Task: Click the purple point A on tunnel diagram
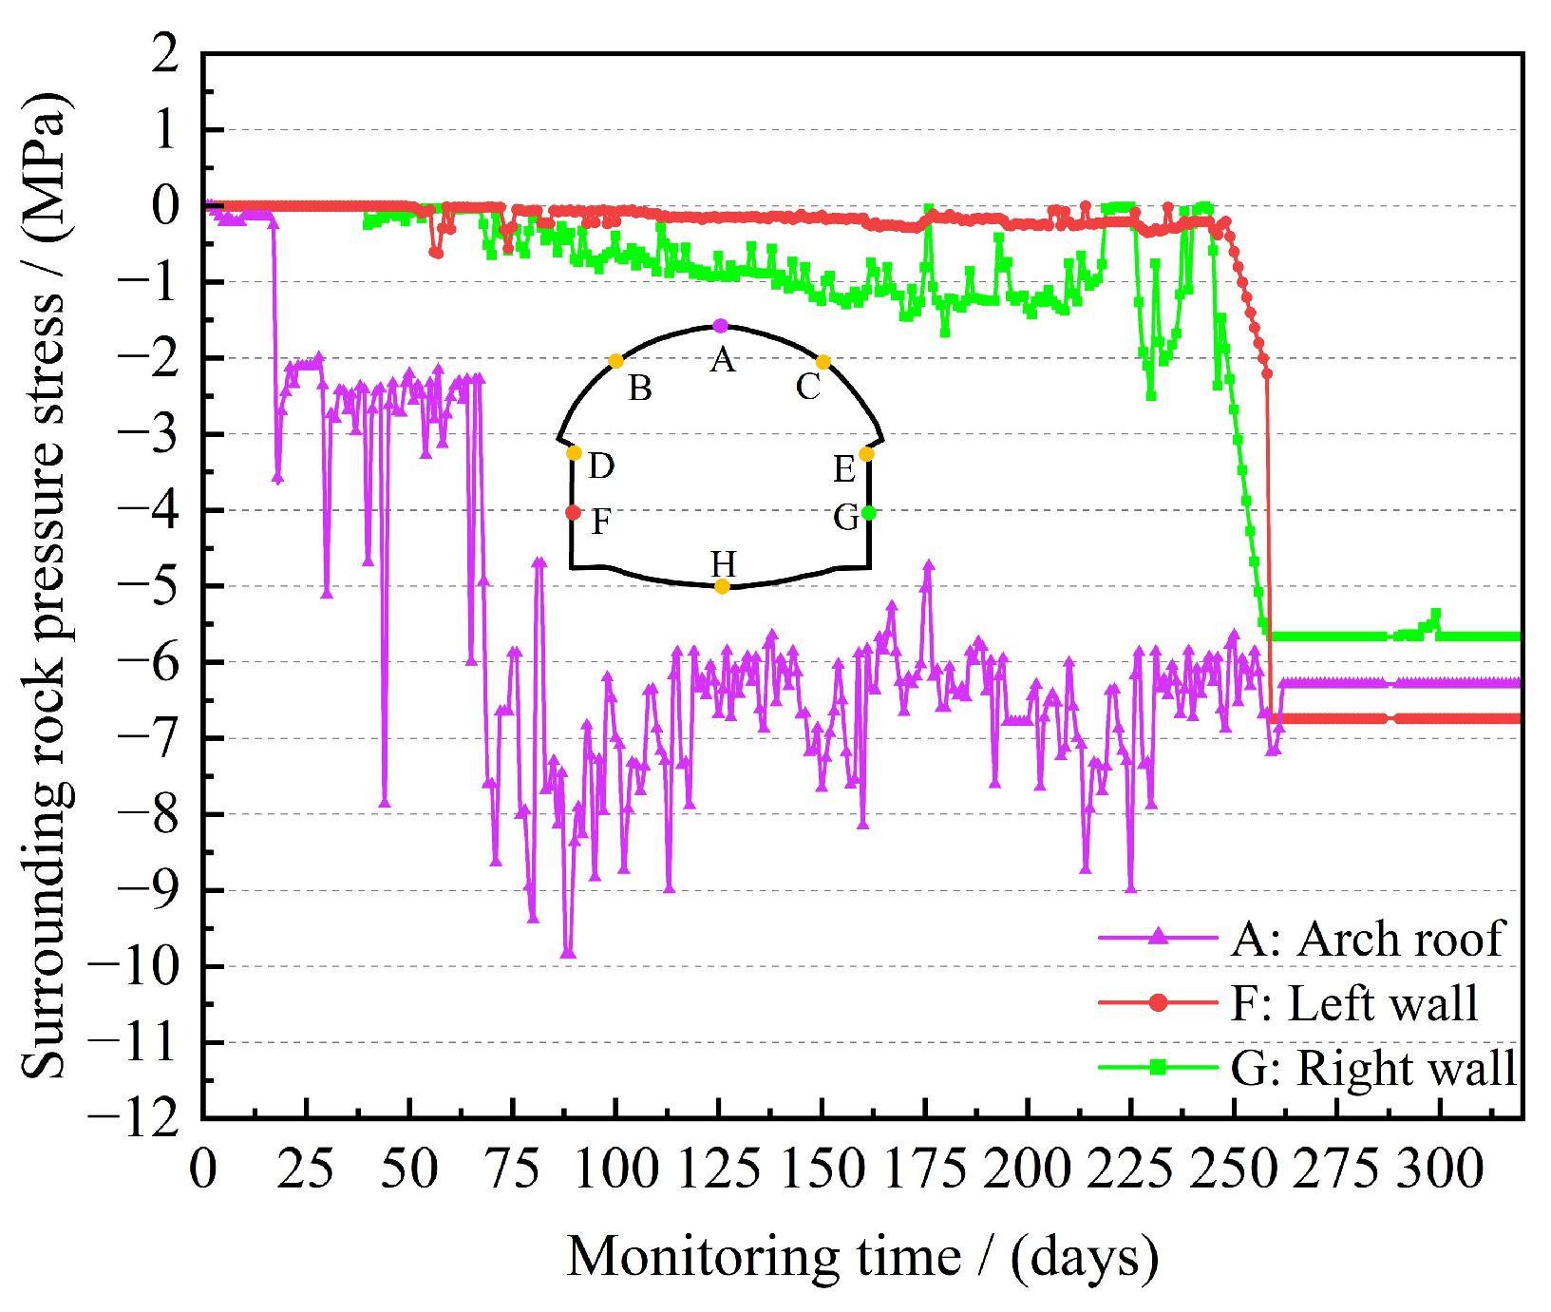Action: point(720,326)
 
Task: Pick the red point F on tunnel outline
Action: point(573,513)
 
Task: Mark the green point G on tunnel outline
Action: point(869,514)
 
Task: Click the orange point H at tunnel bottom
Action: point(722,586)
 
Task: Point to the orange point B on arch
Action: point(615,361)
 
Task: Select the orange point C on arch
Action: point(823,362)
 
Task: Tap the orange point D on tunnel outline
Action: point(574,453)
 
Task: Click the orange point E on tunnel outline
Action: point(866,454)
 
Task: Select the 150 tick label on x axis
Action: point(823,1169)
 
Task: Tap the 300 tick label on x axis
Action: point(1440,1169)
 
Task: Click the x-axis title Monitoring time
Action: point(862,1256)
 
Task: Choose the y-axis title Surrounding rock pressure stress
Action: point(46,585)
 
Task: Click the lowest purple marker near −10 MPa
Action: point(568,953)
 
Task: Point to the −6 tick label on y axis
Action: point(147,662)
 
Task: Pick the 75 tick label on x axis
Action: point(513,1169)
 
